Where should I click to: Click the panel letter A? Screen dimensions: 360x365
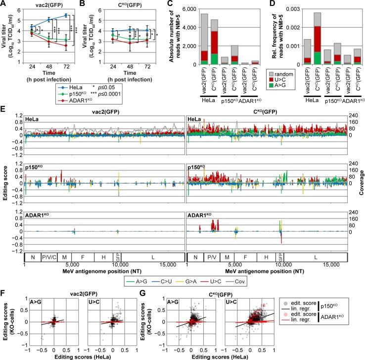coord(4,4)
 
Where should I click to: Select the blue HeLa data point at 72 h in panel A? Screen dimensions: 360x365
coord(66,15)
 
